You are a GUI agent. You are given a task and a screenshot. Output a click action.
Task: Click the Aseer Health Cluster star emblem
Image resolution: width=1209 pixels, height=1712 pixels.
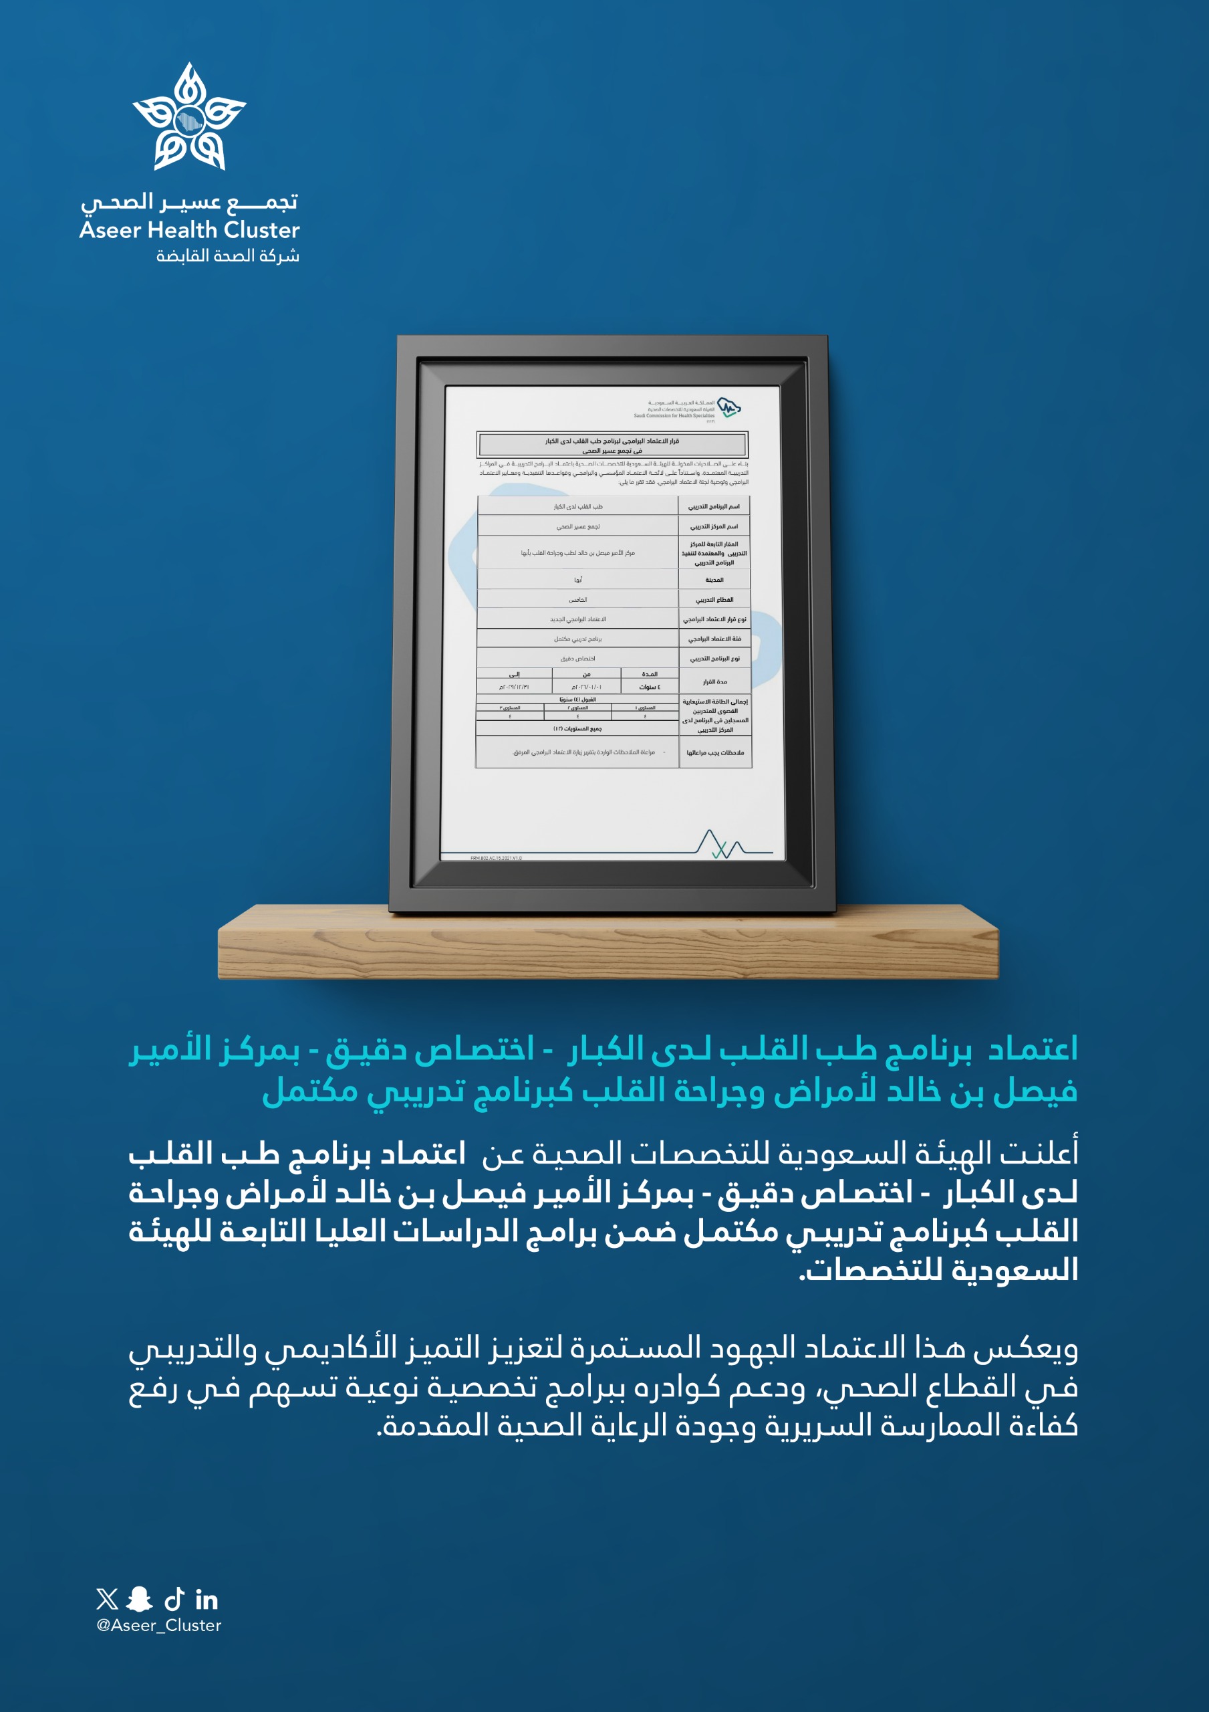(x=189, y=117)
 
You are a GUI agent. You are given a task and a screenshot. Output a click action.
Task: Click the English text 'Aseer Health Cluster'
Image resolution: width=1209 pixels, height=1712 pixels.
(x=189, y=229)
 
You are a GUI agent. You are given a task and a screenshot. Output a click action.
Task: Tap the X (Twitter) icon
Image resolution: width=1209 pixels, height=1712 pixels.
(x=108, y=1599)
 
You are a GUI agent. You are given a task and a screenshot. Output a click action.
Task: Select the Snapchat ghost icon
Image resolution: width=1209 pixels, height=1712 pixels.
(x=140, y=1599)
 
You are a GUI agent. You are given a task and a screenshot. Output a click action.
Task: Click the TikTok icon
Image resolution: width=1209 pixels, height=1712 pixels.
(x=174, y=1599)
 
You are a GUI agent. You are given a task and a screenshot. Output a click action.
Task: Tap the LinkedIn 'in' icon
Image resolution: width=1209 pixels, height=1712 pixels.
(x=207, y=1600)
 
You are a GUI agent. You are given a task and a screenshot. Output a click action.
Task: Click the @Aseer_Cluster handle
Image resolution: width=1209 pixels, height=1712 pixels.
(x=159, y=1626)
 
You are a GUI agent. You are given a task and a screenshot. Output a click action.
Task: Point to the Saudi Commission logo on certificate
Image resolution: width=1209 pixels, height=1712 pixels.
(x=728, y=407)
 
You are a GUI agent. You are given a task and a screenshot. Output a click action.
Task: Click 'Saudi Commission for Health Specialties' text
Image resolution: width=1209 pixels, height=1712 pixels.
(x=674, y=415)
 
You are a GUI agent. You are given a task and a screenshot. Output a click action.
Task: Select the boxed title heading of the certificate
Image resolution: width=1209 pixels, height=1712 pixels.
(x=612, y=445)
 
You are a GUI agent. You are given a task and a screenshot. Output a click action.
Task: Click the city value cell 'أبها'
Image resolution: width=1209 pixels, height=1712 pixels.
(x=577, y=579)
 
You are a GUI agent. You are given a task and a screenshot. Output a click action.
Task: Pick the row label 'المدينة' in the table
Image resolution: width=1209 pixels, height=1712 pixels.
(x=714, y=579)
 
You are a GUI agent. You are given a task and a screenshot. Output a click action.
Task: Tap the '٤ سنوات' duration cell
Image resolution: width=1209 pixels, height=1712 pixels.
(x=649, y=687)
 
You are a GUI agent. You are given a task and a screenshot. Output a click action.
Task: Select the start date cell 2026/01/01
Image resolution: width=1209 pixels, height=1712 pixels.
(x=587, y=687)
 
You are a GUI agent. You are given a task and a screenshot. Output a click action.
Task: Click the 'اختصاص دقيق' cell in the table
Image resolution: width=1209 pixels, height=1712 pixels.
(x=577, y=659)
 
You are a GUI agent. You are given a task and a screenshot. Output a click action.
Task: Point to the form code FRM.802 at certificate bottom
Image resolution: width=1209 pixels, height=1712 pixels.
(x=496, y=857)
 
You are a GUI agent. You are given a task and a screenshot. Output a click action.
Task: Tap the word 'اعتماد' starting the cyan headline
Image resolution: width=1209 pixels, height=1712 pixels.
(x=1033, y=1049)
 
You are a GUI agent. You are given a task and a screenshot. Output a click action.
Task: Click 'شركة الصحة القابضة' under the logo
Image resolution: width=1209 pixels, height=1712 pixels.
(x=227, y=255)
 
